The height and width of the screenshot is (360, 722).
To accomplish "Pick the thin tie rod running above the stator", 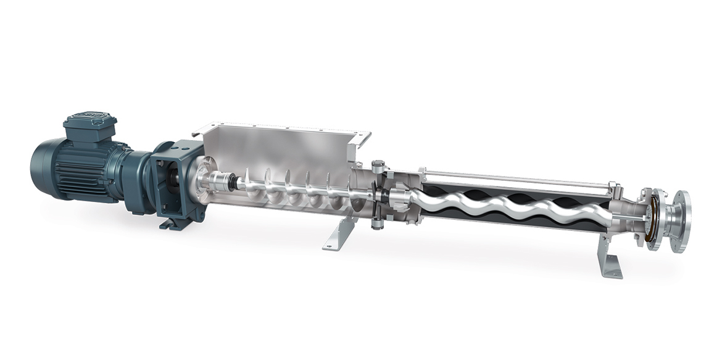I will click(x=512, y=176).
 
